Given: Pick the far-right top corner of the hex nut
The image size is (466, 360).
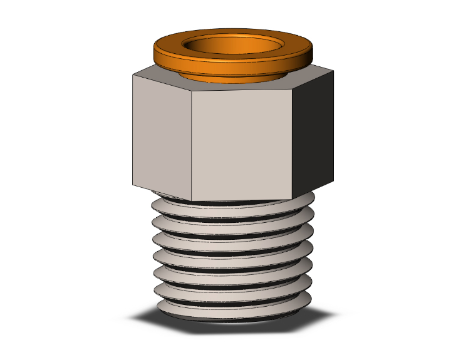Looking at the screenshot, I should [333, 71].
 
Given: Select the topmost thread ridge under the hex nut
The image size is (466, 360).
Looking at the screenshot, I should [232, 208].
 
